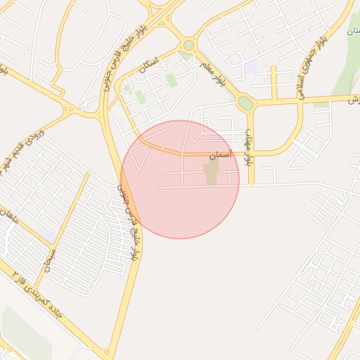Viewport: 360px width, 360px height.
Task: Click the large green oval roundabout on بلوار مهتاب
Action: pyautogui.click(x=245, y=103)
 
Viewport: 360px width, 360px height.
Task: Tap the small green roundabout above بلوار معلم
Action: pyautogui.click(x=186, y=46)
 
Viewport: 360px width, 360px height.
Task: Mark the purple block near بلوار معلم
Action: pyautogui.click(x=250, y=68)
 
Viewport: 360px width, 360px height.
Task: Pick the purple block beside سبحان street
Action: pyautogui.click(x=46, y=232)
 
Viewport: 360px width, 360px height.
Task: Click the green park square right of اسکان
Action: pyautogui.click(x=172, y=79)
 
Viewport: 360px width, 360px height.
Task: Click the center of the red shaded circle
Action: pyautogui.click(x=180, y=179)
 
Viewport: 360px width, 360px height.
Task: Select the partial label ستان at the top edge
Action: pyautogui.click(x=352, y=32)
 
